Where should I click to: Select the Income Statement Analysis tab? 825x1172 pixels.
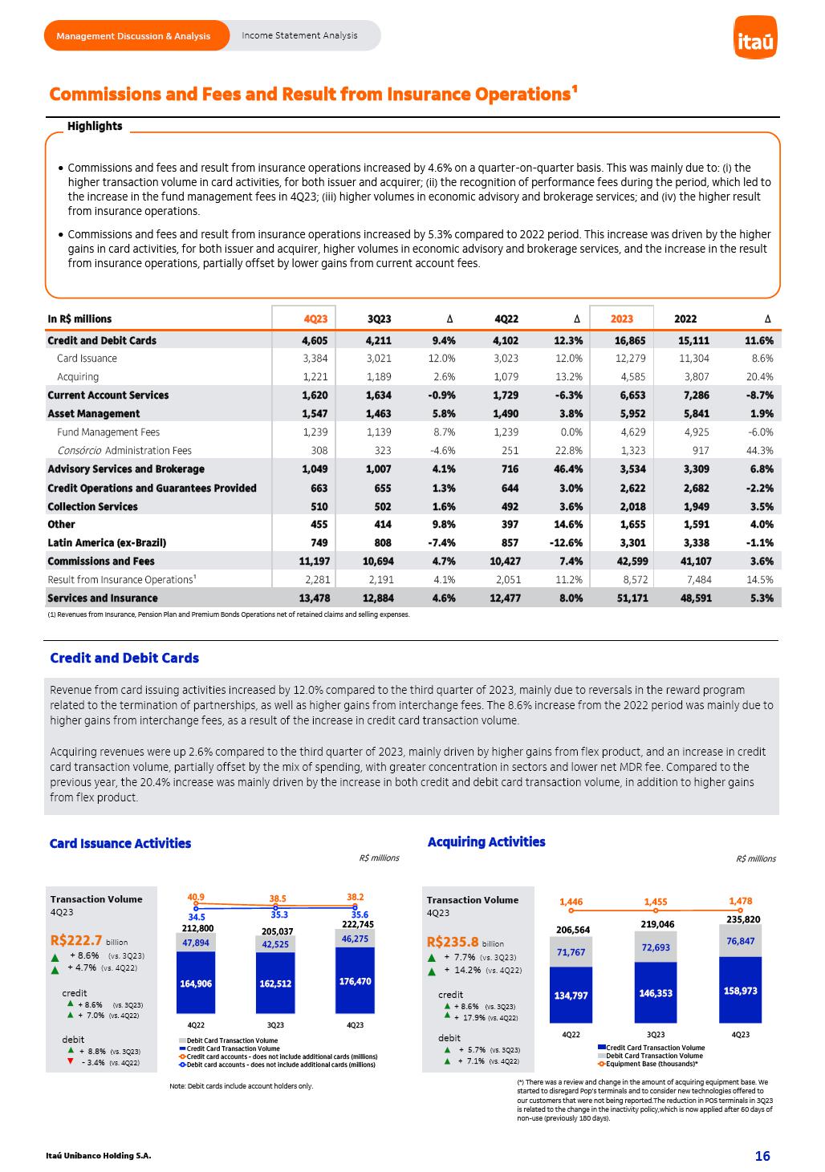click(x=299, y=35)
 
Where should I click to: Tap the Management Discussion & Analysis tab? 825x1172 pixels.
click(x=133, y=36)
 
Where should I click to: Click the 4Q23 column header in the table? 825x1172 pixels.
click(x=315, y=318)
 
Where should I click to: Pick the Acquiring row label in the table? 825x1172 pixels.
click(x=78, y=377)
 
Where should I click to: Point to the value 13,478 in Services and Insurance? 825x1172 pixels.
click(x=315, y=598)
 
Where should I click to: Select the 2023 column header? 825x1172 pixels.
click(x=622, y=318)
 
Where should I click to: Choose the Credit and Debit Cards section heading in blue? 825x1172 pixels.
click(x=124, y=658)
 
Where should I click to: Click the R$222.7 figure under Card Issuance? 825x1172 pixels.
click(x=76, y=941)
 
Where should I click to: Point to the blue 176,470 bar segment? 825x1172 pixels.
click(x=355, y=981)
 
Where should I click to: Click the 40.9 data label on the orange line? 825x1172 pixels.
click(x=196, y=897)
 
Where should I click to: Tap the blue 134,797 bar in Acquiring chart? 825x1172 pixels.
click(x=571, y=996)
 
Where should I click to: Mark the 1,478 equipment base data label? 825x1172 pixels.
click(x=740, y=901)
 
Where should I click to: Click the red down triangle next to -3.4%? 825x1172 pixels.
click(x=71, y=1061)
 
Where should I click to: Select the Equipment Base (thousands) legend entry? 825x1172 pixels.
click(x=651, y=1064)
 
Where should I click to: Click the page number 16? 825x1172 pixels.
click(x=762, y=1156)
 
